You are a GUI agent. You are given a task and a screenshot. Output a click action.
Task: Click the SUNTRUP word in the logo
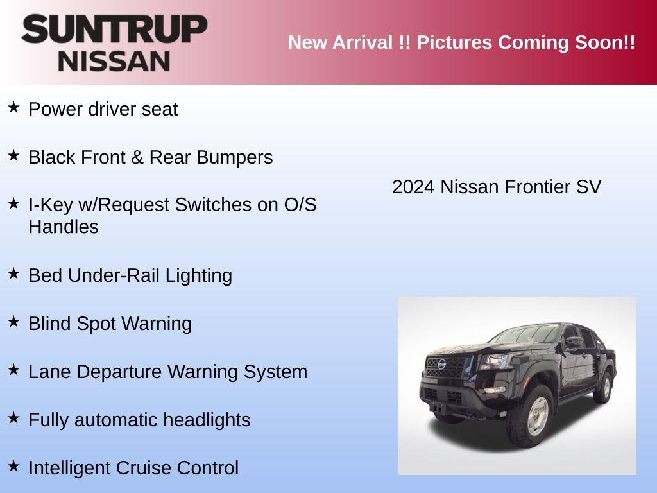click(x=114, y=30)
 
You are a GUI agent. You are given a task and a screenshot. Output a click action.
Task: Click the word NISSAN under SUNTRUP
click(x=114, y=60)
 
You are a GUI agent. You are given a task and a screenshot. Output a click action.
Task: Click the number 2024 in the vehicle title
click(x=414, y=187)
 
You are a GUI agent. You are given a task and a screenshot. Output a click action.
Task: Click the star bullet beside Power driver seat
click(x=13, y=107)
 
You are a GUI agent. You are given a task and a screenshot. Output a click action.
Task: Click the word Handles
click(x=64, y=227)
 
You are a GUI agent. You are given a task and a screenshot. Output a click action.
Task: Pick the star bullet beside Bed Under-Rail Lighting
click(x=13, y=273)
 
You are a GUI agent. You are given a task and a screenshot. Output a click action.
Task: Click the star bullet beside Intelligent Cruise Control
click(x=13, y=466)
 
